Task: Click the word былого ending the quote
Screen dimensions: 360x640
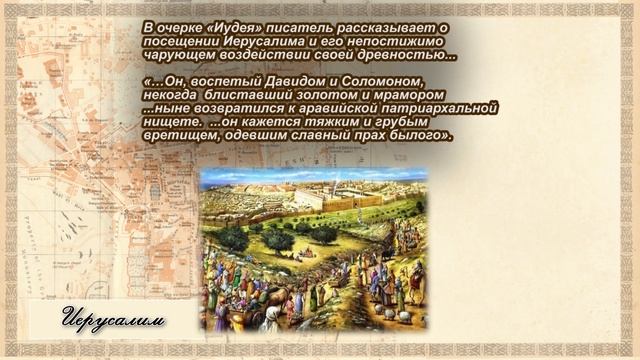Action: pos(423,135)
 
